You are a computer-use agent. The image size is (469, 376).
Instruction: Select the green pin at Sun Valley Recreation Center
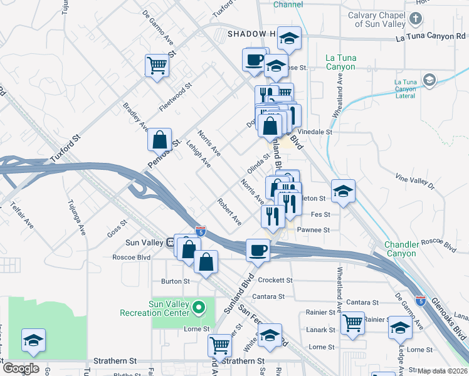pos(199,308)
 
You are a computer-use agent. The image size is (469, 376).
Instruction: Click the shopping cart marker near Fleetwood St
pos(157,65)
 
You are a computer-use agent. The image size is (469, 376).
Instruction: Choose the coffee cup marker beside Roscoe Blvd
pos(258,251)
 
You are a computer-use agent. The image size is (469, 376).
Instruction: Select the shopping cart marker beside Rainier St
pos(353,323)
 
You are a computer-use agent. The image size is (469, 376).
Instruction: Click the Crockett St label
pos(276,280)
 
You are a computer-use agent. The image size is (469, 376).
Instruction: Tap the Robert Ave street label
pos(229,212)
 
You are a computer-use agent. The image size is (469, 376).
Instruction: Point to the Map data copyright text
pos(443,371)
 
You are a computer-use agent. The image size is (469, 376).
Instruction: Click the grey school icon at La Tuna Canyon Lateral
pos(429,80)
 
